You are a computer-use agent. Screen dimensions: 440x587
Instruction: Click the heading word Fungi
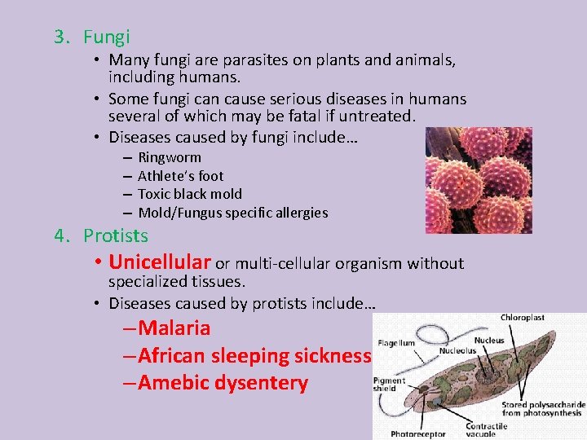pos(106,37)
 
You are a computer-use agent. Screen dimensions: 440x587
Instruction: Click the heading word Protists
pos(116,235)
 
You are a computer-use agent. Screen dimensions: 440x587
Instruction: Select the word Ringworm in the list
pos(170,157)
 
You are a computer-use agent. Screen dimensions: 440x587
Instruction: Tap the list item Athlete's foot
pos(180,176)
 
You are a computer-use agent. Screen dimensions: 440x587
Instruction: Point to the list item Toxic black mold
pos(190,194)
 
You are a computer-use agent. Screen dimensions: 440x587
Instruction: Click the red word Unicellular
pos(160,262)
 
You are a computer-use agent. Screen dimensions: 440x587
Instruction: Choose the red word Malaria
pos(174,328)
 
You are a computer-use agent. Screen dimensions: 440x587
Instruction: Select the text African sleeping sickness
pos(255,356)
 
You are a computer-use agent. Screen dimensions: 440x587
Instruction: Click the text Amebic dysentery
pos(223,383)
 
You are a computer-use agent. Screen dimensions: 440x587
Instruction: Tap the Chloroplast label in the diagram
pos(523,317)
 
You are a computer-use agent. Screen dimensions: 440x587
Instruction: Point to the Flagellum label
pos(395,344)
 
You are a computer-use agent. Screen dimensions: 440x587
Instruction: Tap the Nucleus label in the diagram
pos(488,341)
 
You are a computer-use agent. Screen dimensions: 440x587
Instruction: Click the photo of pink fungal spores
pos(479,180)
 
